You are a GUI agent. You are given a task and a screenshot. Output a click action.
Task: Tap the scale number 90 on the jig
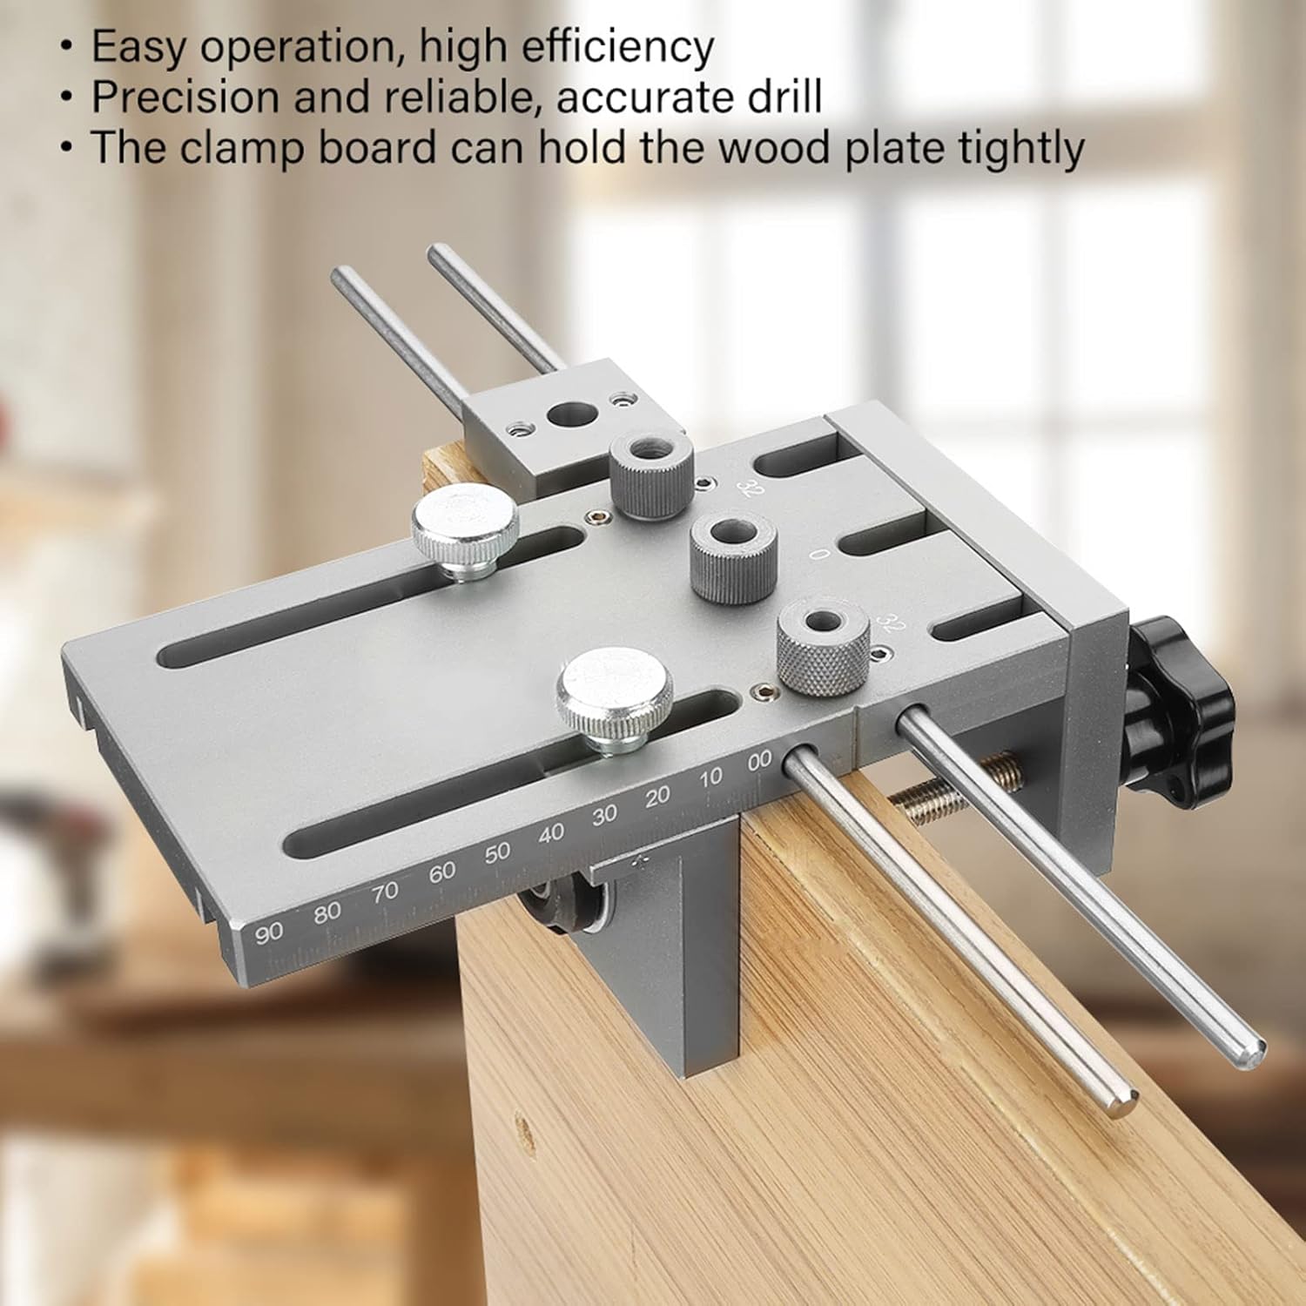tap(269, 932)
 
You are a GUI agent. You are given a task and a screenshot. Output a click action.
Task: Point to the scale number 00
tap(759, 760)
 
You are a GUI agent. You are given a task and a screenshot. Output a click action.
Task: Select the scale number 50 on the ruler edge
tap(497, 852)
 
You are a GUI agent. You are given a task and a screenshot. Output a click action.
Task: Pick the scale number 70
tap(384, 892)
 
